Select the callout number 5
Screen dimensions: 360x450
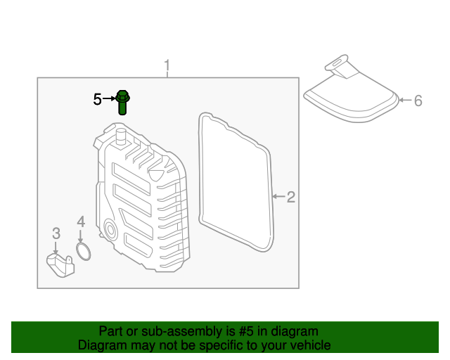click(98, 100)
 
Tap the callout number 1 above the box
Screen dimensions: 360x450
click(167, 67)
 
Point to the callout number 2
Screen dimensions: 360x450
click(291, 198)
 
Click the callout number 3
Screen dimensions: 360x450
click(56, 233)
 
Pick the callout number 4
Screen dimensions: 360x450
click(81, 221)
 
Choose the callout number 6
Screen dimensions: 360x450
click(418, 101)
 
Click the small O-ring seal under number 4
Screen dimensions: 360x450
click(83, 252)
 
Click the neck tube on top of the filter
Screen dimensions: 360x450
click(339, 67)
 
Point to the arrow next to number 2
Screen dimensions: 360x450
click(278, 198)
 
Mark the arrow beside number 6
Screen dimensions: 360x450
click(404, 101)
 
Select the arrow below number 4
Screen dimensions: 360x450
click(81, 237)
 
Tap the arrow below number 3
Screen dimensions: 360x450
click(56, 247)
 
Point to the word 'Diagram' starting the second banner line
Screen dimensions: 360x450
click(101, 345)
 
